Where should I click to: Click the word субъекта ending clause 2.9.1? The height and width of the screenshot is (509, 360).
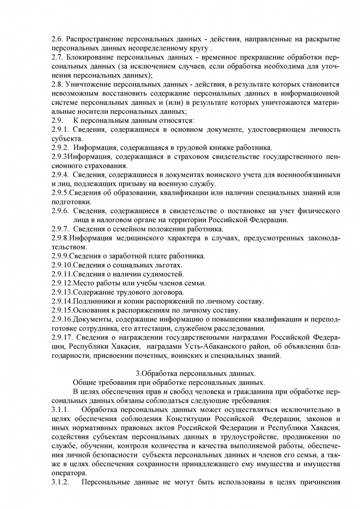click(x=67, y=139)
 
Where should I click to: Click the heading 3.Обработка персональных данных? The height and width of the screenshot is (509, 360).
click(x=195, y=373)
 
